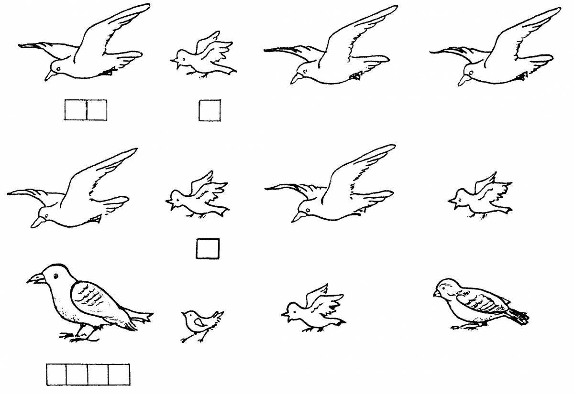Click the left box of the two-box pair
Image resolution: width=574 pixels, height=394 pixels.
pos(75,110)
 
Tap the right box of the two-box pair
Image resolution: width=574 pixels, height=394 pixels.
pos(96,110)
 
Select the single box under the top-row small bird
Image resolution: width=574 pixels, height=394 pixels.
pos(210,110)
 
